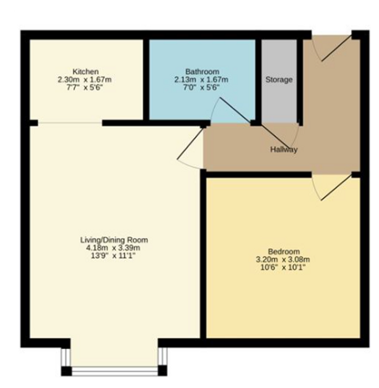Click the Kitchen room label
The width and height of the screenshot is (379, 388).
[85, 72]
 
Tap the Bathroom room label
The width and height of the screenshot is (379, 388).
[202, 72]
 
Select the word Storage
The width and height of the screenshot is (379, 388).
[279, 80]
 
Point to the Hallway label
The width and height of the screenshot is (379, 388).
[284, 150]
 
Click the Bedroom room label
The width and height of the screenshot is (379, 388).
[284, 252]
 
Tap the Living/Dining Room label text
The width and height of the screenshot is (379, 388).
[114, 240]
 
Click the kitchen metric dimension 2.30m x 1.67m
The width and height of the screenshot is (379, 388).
[85, 80]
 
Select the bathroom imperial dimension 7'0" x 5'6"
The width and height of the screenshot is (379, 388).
[201, 88]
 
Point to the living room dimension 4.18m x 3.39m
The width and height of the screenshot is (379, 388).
[113, 248]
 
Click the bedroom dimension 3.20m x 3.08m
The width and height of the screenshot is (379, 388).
[283, 259]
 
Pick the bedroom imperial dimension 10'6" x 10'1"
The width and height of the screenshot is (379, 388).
[283, 268]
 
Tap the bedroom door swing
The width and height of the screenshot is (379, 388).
[332, 187]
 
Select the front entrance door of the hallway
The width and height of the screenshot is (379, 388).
[332, 48]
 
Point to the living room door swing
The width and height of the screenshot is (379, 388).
[190, 148]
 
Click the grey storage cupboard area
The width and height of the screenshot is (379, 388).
[279, 81]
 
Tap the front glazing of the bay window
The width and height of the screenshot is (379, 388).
[114, 370]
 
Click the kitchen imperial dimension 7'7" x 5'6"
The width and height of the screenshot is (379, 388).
[84, 88]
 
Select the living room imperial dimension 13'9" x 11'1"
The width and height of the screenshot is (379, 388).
[113, 256]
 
